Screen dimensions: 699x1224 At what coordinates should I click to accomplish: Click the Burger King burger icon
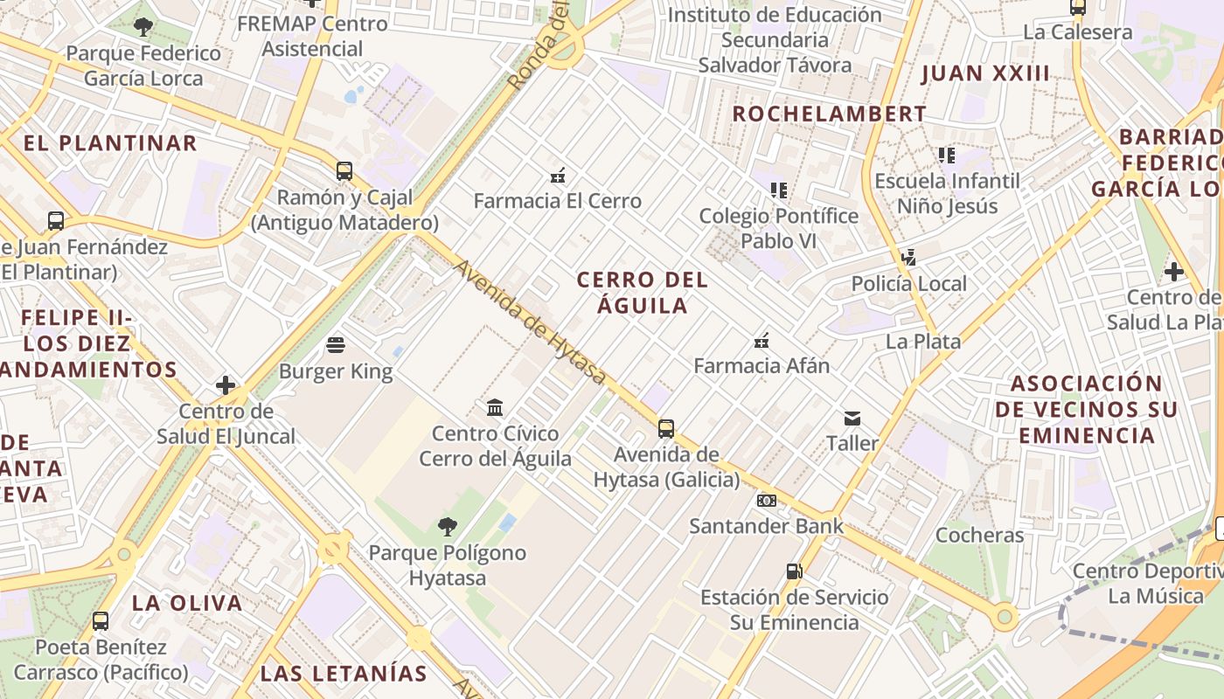point(336,345)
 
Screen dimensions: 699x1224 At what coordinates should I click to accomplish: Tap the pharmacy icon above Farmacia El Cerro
point(558,176)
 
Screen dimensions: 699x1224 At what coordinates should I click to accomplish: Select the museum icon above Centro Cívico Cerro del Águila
point(495,407)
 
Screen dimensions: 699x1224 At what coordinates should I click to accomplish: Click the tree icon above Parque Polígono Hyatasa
point(448,527)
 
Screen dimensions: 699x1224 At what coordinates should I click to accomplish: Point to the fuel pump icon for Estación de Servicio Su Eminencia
point(794,571)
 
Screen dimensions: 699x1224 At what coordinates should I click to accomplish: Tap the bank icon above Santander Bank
point(766,501)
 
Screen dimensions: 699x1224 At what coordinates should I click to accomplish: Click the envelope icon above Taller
point(852,419)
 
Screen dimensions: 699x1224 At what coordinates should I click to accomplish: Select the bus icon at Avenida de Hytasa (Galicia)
point(666,428)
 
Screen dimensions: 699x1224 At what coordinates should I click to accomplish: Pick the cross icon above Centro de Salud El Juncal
point(226,384)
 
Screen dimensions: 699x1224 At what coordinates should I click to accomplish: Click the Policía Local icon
point(909,258)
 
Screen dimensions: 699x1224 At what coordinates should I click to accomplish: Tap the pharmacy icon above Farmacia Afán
point(762,340)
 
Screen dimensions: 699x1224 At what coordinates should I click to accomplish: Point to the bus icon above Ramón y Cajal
point(344,170)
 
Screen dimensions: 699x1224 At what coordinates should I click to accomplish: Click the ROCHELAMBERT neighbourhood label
point(829,114)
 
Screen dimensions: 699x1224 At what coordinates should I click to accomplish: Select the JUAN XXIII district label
point(985,73)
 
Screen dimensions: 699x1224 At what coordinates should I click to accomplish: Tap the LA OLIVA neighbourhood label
point(187,603)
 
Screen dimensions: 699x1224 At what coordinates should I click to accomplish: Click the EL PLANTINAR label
point(110,143)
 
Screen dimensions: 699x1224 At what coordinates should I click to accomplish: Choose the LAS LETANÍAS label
point(344,674)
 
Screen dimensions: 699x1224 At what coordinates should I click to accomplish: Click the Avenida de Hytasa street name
point(530,322)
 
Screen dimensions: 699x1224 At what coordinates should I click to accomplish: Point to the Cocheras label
point(979,535)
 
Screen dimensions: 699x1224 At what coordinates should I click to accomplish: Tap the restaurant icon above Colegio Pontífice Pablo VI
point(779,190)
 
